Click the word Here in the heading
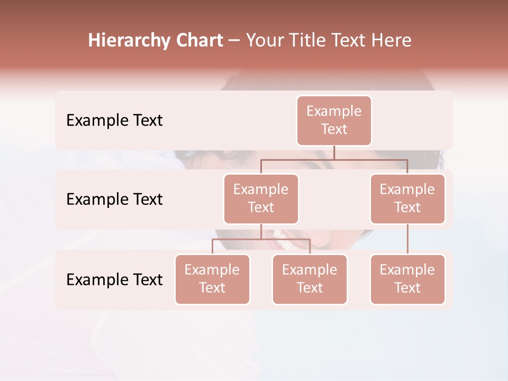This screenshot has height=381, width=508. point(392,41)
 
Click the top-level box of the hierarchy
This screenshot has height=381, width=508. point(334,120)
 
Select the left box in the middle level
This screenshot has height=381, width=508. point(261,198)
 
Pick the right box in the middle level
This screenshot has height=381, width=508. point(407,198)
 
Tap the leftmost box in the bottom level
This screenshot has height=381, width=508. point(212,279)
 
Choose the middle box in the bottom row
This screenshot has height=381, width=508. point(310,279)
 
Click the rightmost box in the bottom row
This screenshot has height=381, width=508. point(407,279)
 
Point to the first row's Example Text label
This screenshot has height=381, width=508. point(114,121)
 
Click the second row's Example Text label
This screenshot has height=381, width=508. point(114,199)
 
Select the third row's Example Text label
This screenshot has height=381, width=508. point(114,279)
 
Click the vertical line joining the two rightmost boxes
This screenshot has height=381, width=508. point(407,239)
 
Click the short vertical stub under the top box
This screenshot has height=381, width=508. point(334,152)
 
